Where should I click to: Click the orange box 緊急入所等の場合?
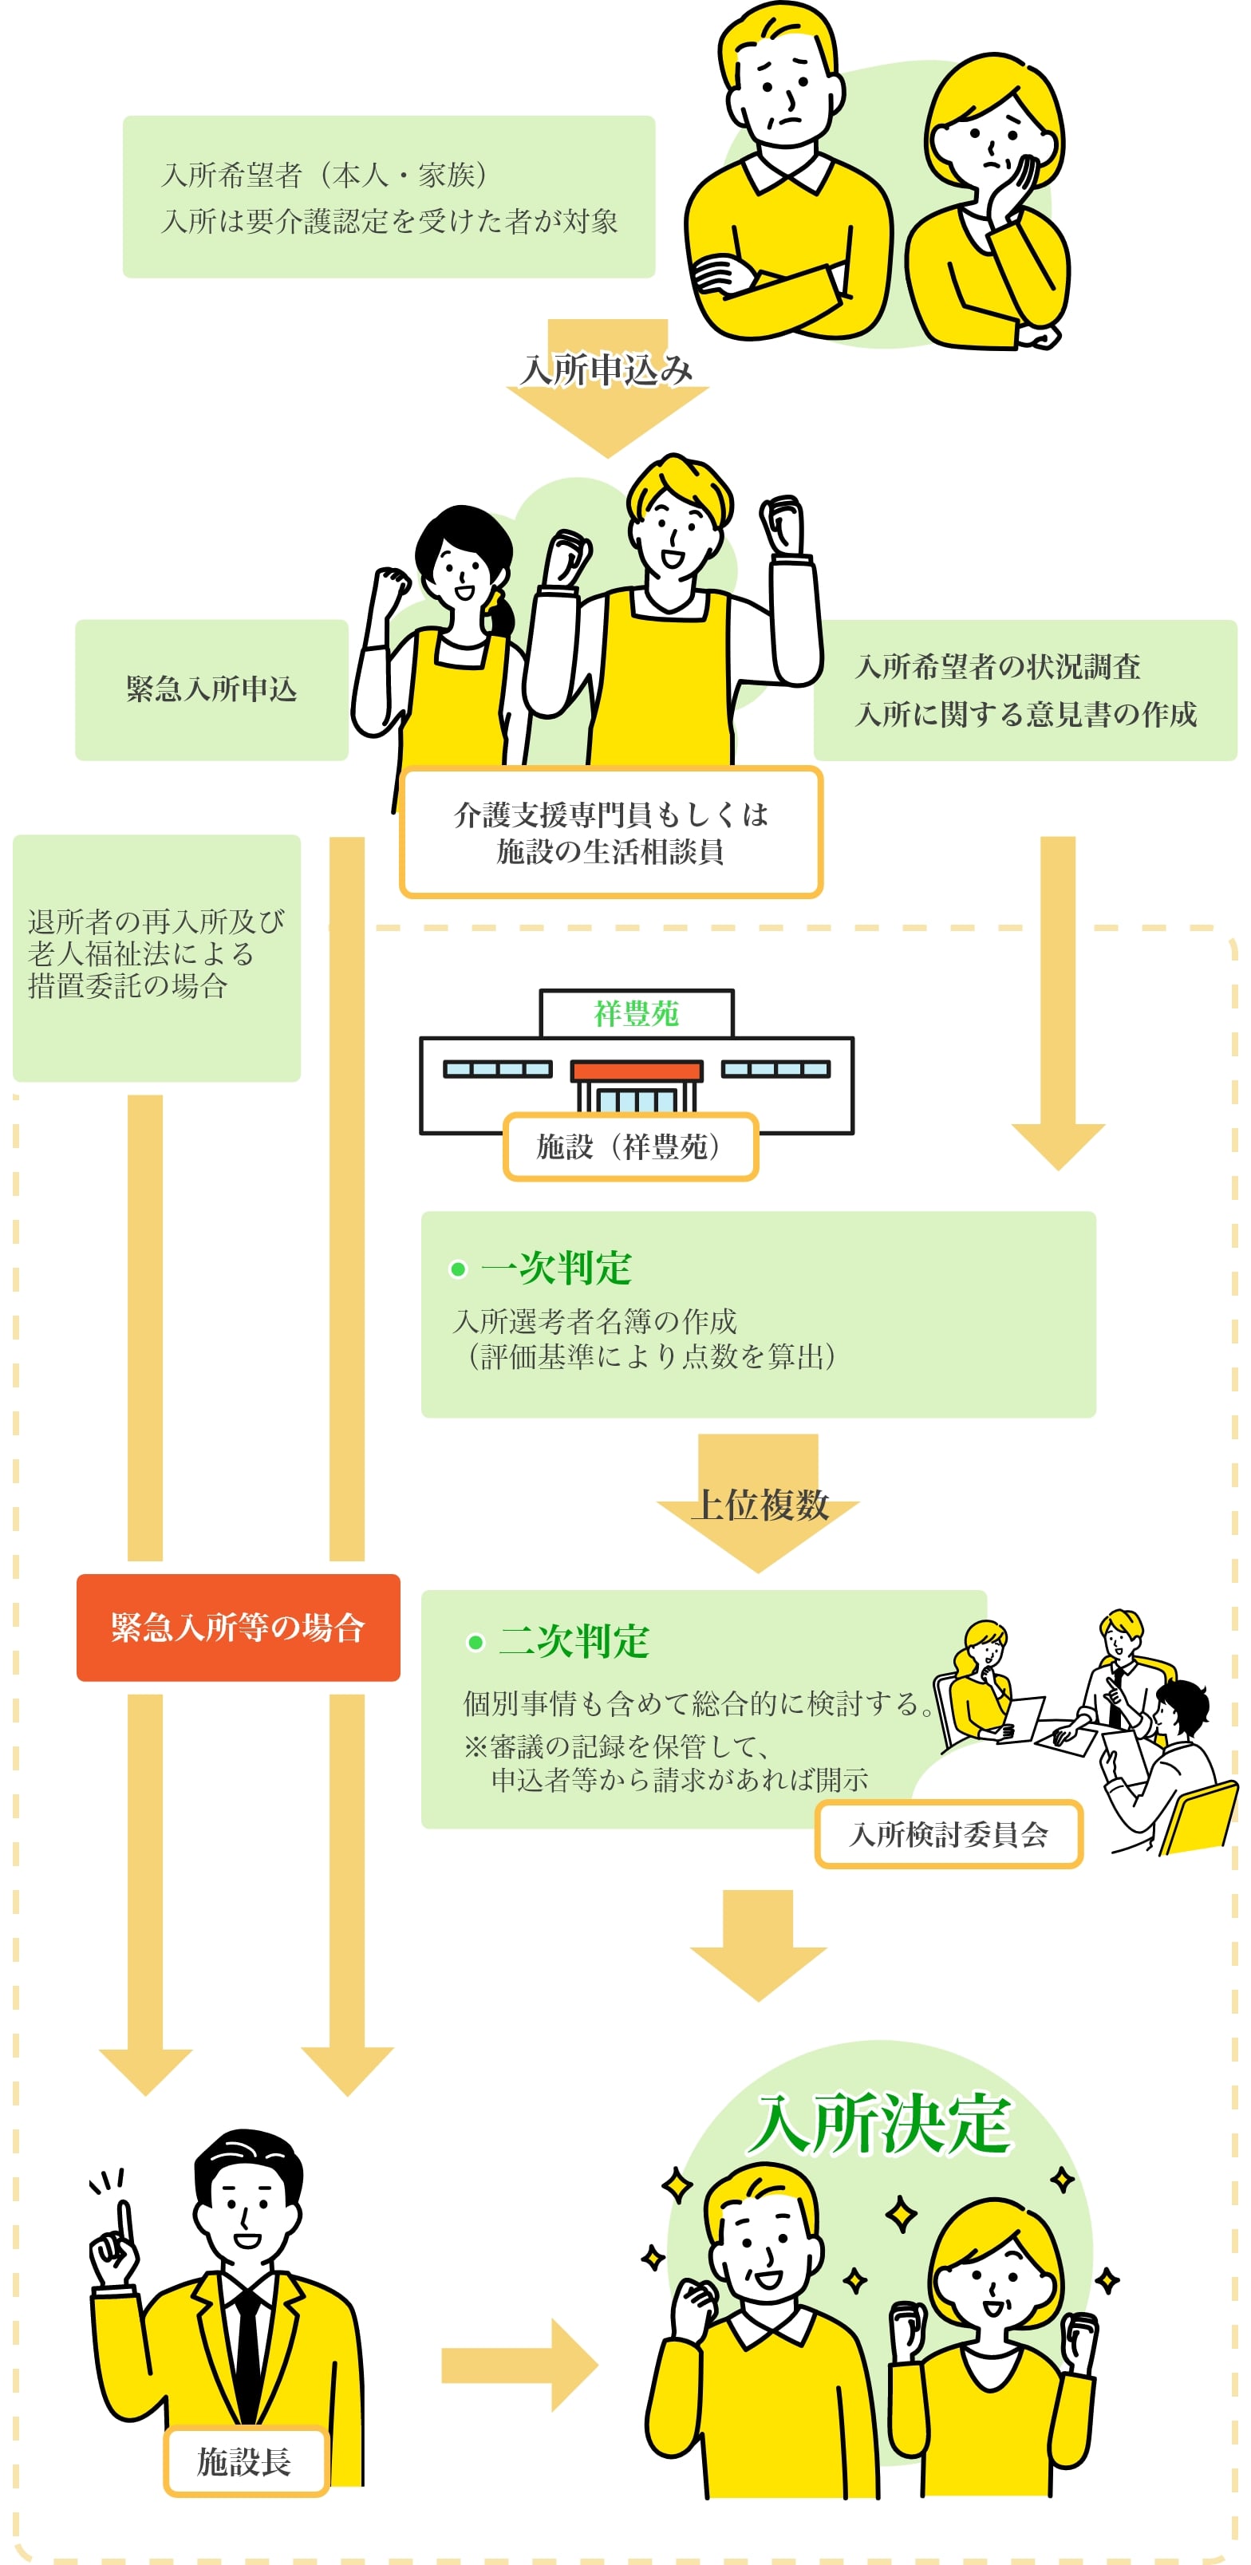pyautogui.click(x=238, y=1627)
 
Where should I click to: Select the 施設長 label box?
pyautogui.click(x=245, y=2460)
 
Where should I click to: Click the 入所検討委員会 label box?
pyautogui.click(x=948, y=1833)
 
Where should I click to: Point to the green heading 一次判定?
pyautogui.click(x=556, y=1268)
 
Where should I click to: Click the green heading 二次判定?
pyautogui.click(x=574, y=1641)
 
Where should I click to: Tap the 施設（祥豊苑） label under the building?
pyautogui.click(x=629, y=1146)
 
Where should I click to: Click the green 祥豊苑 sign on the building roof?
pyautogui.click(x=637, y=1014)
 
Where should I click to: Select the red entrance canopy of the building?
pyautogui.click(x=637, y=1071)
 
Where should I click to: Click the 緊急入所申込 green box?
pyautogui.click(x=211, y=689)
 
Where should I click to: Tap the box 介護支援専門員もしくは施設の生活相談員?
pyautogui.click(x=610, y=832)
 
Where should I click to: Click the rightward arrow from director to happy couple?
pyautogui.click(x=518, y=2364)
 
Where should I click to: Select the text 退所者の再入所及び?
pyautogui.click(x=156, y=921)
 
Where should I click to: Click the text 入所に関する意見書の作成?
pyautogui.click(x=1025, y=714)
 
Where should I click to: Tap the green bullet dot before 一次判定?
pyautogui.click(x=458, y=1269)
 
